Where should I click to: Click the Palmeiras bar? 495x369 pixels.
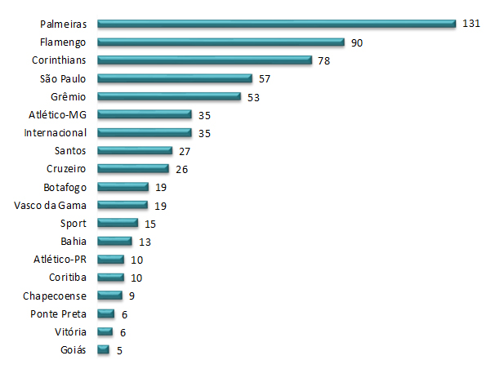[276, 24]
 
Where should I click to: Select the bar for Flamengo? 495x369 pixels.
[221, 42]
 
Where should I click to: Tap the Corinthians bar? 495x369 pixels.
[204, 60]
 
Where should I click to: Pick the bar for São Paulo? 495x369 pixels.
[175, 79]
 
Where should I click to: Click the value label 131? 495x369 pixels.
[470, 24]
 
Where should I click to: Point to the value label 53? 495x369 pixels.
[254, 97]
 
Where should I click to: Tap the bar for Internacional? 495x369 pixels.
[144, 133]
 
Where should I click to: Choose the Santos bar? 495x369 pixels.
[135, 151]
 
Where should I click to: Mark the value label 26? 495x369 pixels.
[181, 169]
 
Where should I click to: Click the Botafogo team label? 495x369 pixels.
[66, 187]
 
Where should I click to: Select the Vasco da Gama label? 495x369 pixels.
[51, 205]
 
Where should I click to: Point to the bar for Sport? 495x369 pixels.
[118, 223]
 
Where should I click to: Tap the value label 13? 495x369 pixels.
[145, 242]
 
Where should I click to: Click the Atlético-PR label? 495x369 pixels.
[62, 260]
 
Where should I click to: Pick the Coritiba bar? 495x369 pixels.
[110, 278]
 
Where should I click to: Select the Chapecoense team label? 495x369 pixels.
[59, 296]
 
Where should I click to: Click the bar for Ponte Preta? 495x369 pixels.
[105, 313]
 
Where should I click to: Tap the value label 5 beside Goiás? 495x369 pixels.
[119, 350]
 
